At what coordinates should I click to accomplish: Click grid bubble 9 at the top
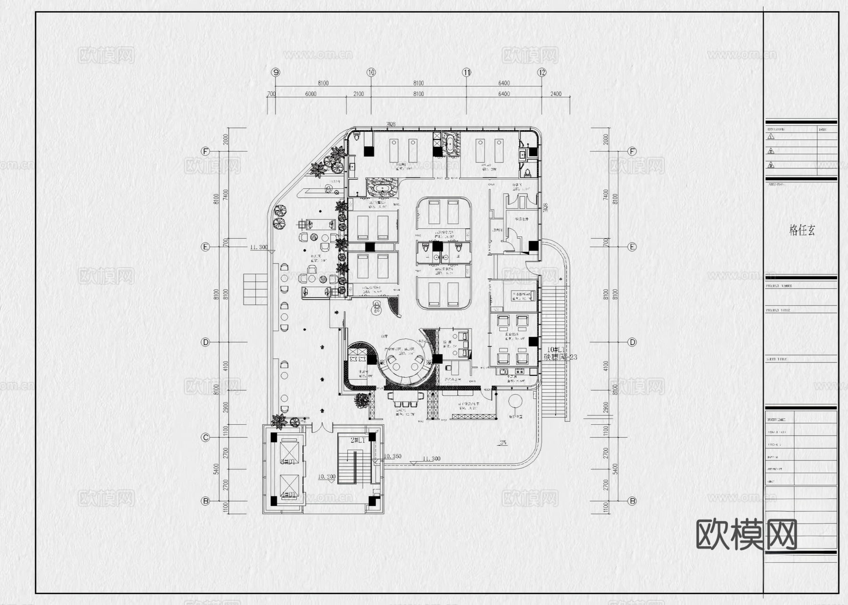tap(276, 73)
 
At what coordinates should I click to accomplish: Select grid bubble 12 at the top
tap(542, 73)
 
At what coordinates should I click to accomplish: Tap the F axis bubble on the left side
tap(205, 152)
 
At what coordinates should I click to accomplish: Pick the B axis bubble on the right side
tap(633, 501)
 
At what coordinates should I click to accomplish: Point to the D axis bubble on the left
tap(205, 342)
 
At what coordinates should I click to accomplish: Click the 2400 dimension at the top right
tap(556, 94)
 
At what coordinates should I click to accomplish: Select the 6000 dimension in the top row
tap(310, 94)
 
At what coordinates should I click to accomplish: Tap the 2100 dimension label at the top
tap(358, 94)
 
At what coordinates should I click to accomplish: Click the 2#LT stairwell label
tap(358, 440)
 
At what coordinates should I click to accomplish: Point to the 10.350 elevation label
tap(392, 456)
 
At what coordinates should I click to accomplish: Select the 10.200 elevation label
tap(326, 476)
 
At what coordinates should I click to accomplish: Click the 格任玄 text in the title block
tap(802, 230)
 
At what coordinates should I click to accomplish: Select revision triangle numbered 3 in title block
tap(771, 165)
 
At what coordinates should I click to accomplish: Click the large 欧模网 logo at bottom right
tap(746, 534)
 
